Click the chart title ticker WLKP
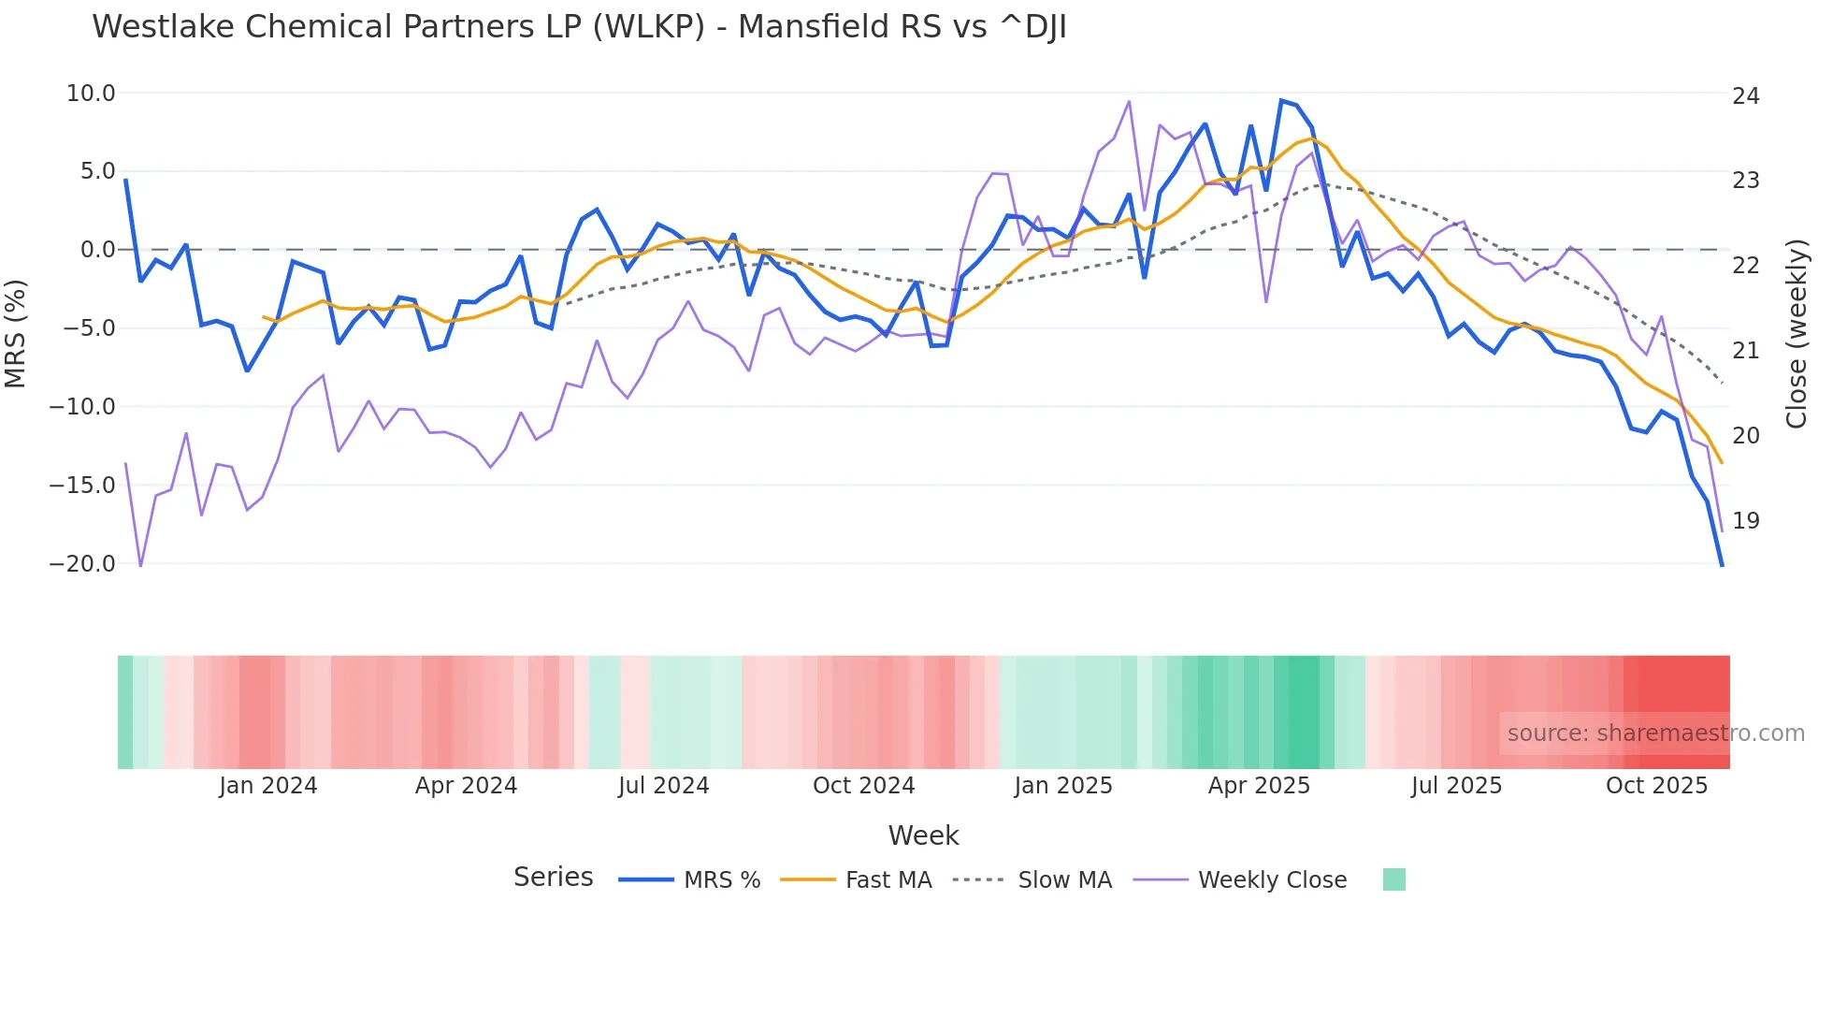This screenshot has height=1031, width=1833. (x=648, y=27)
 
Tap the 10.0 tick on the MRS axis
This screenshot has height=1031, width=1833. (x=91, y=94)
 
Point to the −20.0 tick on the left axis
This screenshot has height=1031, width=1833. (x=82, y=564)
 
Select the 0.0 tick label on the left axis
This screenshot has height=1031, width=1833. (x=97, y=250)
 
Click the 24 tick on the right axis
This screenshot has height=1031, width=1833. (x=1745, y=96)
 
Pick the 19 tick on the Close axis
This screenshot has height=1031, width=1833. (x=1745, y=521)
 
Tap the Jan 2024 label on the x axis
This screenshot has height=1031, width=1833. (x=268, y=786)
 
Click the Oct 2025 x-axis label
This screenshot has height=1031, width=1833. (x=1656, y=786)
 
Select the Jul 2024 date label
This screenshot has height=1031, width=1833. (x=663, y=786)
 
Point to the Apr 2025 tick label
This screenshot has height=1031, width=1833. (x=1259, y=786)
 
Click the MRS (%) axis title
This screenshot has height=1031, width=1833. (x=16, y=333)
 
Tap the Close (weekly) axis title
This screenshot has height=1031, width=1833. (x=1796, y=334)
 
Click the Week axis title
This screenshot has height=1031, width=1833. (x=923, y=835)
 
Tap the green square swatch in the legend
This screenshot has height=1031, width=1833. (x=1393, y=879)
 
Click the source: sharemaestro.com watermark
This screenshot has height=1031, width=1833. (x=1655, y=733)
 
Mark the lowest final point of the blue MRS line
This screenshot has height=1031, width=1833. (x=1722, y=565)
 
